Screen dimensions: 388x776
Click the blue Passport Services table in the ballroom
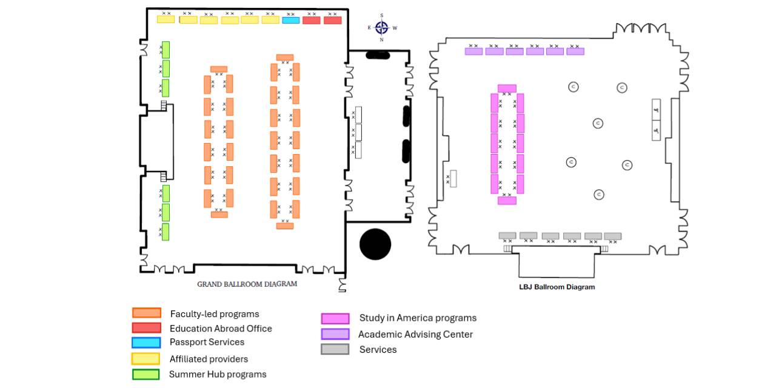tap(291, 21)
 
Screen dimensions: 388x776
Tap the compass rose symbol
tap(381, 27)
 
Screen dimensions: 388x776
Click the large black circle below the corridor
tap(375, 244)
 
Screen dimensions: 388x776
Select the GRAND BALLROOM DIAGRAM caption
tap(247, 284)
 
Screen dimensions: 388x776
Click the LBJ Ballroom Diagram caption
tap(557, 287)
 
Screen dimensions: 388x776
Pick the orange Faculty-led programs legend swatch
tap(147, 313)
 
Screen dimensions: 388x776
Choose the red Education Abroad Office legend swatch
tap(147, 328)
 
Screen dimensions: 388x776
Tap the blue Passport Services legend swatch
tap(147, 343)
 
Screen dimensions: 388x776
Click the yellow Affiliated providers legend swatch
tap(147, 359)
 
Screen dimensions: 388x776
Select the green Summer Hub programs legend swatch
tap(147, 374)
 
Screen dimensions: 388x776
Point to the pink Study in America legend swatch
tap(335, 318)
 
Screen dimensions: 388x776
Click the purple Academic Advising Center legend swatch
tap(335, 334)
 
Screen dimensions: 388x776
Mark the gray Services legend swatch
tap(335, 349)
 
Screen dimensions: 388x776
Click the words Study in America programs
tap(418, 318)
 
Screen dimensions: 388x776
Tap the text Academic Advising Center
tap(415, 334)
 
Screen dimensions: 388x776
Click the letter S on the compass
tap(381, 15)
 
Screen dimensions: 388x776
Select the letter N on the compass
tap(381, 39)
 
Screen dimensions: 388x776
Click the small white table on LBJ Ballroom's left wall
tap(453, 179)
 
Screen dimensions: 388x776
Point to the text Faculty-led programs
tap(215, 314)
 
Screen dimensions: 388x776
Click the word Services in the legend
tap(378, 349)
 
